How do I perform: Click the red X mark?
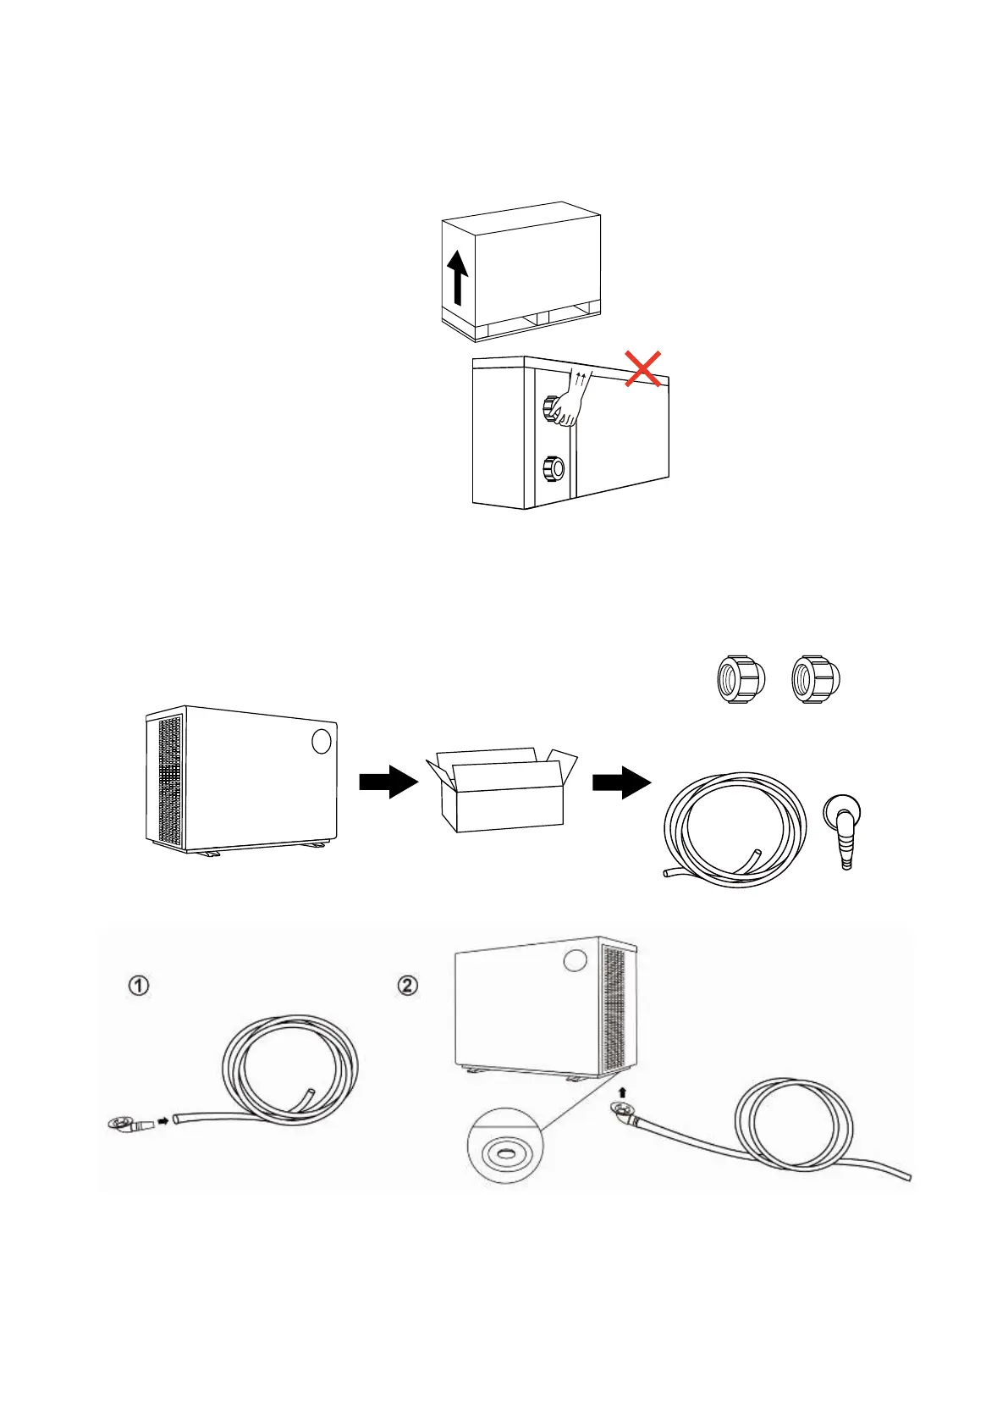[x=642, y=370]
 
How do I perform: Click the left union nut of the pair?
[x=739, y=680]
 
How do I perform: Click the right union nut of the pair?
[x=813, y=680]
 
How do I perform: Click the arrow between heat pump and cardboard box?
[x=388, y=782]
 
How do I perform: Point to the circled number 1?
[x=139, y=986]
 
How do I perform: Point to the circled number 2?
[x=408, y=986]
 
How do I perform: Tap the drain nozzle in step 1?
[x=128, y=1125]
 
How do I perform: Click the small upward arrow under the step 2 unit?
[x=622, y=1092]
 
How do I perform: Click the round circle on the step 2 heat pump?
[x=575, y=960]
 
